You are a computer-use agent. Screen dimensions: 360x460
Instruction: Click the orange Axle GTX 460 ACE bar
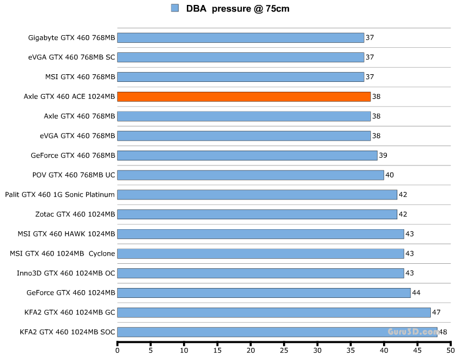pyautogui.click(x=243, y=96)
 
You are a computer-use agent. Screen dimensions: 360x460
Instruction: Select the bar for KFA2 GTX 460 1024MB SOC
pyautogui.click(x=278, y=332)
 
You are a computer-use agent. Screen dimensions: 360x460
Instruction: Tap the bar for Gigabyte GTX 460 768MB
pyautogui.click(x=240, y=37)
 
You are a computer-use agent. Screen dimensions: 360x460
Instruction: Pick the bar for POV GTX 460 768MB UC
pyautogui.click(x=250, y=175)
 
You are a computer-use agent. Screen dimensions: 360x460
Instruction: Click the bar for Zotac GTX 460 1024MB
pyautogui.click(x=257, y=214)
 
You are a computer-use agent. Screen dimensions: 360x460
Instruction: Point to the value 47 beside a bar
pyautogui.click(x=436, y=312)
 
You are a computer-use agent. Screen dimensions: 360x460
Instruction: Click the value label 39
pyautogui.click(x=383, y=156)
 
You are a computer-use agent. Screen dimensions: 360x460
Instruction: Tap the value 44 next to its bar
pyautogui.click(x=416, y=293)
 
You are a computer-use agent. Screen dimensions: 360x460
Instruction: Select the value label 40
pyautogui.click(x=390, y=175)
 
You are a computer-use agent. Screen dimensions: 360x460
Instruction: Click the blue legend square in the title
pyautogui.click(x=175, y=8)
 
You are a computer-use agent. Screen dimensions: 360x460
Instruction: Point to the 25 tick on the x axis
pyautogui.click(x=284, y=350)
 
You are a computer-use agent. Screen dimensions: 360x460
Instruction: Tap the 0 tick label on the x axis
pyautogui.click(x=118, y=350)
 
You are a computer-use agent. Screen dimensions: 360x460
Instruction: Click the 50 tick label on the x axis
pyautogui.click(x=451, y=350)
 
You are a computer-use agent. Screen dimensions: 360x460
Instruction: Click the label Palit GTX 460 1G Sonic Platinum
pyautogui.click(x=60, y=195)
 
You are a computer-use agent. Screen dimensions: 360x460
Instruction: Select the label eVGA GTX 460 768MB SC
pyautogui.click(x=72, y=57)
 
